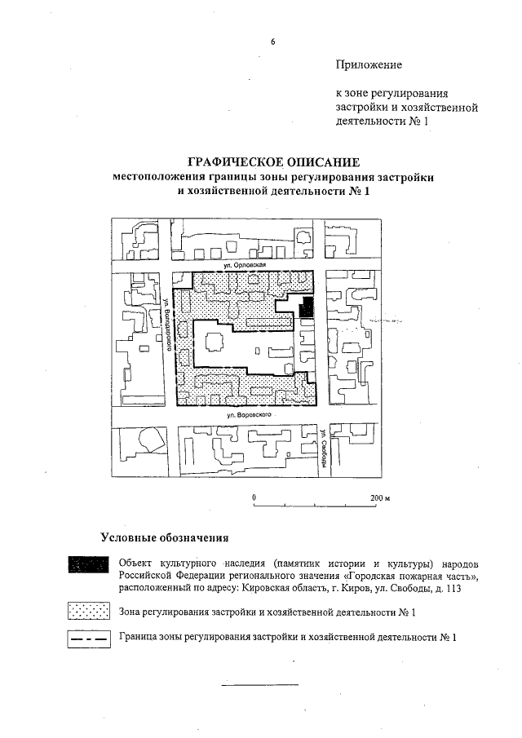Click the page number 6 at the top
point(273,43)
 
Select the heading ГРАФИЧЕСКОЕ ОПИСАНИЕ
point(273,161)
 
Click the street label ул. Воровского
point(250,414)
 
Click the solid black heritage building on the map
point(307,308)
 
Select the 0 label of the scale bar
point(254,497)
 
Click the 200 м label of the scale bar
point(381,497)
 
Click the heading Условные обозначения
point(163,538)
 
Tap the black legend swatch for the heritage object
point(89,563)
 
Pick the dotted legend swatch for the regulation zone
point(89,611)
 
